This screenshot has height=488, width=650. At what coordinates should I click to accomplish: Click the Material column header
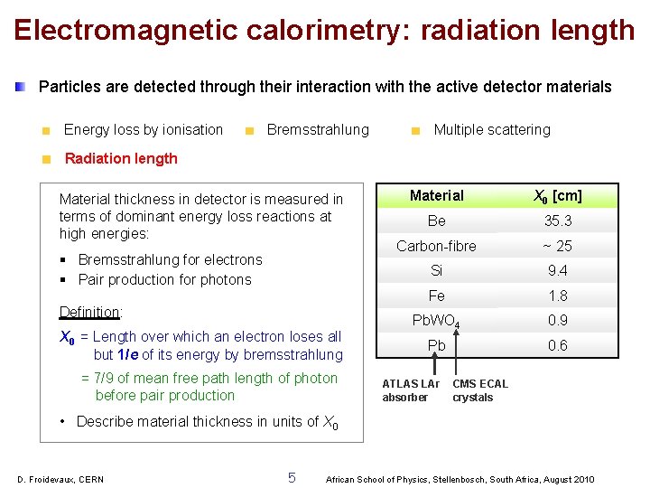click(x=437, y=196)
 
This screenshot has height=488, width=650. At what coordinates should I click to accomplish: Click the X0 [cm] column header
click(x=558, y=196)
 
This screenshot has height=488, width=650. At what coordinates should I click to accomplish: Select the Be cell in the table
click(x=437, y=221)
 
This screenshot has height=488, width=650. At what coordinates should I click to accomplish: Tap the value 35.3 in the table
click(x=558, y=221)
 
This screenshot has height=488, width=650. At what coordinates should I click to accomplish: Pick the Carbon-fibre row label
click(x=437, y=246)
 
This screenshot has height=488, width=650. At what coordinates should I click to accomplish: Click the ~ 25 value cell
click(x=558, y=246)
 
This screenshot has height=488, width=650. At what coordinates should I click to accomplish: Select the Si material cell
click(x=437, y=271)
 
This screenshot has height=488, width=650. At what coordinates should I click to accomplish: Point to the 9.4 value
click(x=558, y=271)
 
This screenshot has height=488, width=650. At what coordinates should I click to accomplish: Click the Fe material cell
click(x=437, y=296)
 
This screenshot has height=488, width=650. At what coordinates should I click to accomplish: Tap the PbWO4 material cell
click(x=437, y=321)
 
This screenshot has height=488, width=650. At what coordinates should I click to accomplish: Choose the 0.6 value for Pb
click(x=558, y=345)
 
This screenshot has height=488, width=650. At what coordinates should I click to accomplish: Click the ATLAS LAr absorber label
click(x=411, y=390)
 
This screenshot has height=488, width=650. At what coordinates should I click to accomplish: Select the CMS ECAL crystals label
click(x=480, y=390)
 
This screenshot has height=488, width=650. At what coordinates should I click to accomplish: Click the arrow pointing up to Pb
click(x=437, y=365)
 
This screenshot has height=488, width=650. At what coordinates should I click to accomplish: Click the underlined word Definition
click(x=90, y=313)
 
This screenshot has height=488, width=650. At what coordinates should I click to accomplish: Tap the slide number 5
click(x=292, y=477)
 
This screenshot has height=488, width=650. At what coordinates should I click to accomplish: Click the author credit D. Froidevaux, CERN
click(x=60, y=479)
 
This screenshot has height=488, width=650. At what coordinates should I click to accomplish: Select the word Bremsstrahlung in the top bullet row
click(x=318, y=130)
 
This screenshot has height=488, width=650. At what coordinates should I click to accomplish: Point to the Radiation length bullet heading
click(x=121, y=159)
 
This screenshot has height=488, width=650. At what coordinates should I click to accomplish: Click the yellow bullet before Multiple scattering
click(x=415, y=131)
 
